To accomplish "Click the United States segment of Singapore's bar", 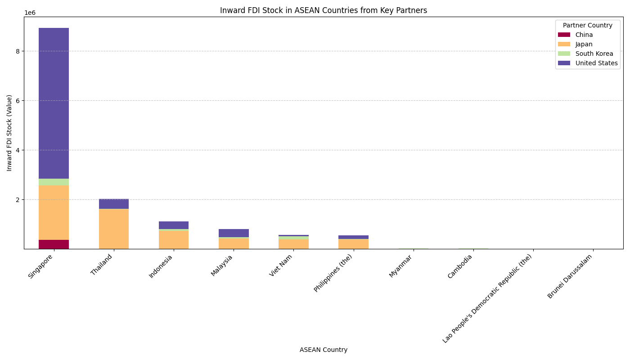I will (54, 103).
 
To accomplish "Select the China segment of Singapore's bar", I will (54, 244).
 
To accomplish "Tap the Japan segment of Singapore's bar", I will (54, 212).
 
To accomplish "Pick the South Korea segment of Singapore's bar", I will (54, 182).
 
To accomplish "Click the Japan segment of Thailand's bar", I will (114, 229).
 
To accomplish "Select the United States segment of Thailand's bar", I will (114, 204).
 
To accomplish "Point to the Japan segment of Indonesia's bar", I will (174, 240).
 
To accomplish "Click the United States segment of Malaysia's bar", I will (234, 233).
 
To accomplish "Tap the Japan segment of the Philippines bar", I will (353, 244).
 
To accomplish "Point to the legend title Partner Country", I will (587, 25).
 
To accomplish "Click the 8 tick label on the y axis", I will (18, 51).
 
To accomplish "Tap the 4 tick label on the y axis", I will (18, 150).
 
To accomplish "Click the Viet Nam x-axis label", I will (281, 265).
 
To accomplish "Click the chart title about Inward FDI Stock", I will (323, 10).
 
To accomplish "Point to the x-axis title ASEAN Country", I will (323, 350).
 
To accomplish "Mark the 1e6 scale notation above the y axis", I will (30, 13).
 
